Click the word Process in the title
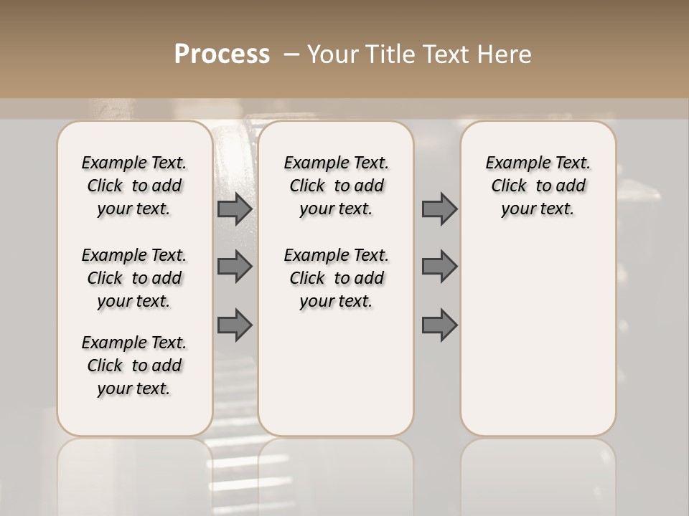click(x=222, y=54)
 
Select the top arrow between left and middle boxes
click(x=234, y=209)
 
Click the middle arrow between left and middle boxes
click(x=234, y=267)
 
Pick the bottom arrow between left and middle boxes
click(x=234, y=325)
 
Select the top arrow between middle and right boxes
click(x=439, y=209)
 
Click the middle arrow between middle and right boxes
click(x=439, y=267)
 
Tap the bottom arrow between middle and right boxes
click(x=439, y=325)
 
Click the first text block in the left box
click(x=134, y=186)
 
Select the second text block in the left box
click(x=134, y=278)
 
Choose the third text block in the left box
click(x=134, y=365)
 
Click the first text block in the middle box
click(x=336, y=186)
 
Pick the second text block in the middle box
click(x=336, y=278)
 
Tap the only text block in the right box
click(x=538, y=186)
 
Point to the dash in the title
click(x=291, y=54)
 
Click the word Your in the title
click(x=333, y=54)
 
